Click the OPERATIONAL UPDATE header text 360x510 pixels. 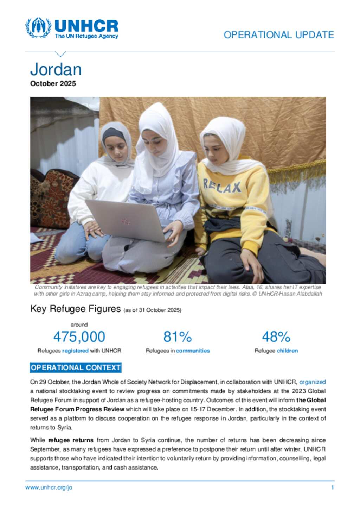(x=279, y=35)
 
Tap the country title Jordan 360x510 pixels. (x=56, y=69)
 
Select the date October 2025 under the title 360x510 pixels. (x=53, y=83)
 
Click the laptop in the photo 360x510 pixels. (x=127, y=220)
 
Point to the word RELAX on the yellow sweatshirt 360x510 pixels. (x=222, y=186)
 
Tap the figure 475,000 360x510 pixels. (x=79, y=337)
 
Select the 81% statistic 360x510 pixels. (x=178, y=337)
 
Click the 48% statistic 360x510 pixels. (x=276, y=337)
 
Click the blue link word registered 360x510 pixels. (x=75, y=351)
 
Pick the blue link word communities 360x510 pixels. (x=193, y=351)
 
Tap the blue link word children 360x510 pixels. (x=287, y=351)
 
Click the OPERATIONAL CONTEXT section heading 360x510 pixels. (x=76, y=367)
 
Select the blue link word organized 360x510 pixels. (x=312, y=382)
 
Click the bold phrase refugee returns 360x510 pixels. (x=71, y=440)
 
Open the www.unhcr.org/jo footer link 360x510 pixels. (x=49, y=487)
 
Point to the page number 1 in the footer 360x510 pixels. (x=332, y=487)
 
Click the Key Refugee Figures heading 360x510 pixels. (x=76, y=309)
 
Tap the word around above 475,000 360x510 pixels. (x=79, y=325)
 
